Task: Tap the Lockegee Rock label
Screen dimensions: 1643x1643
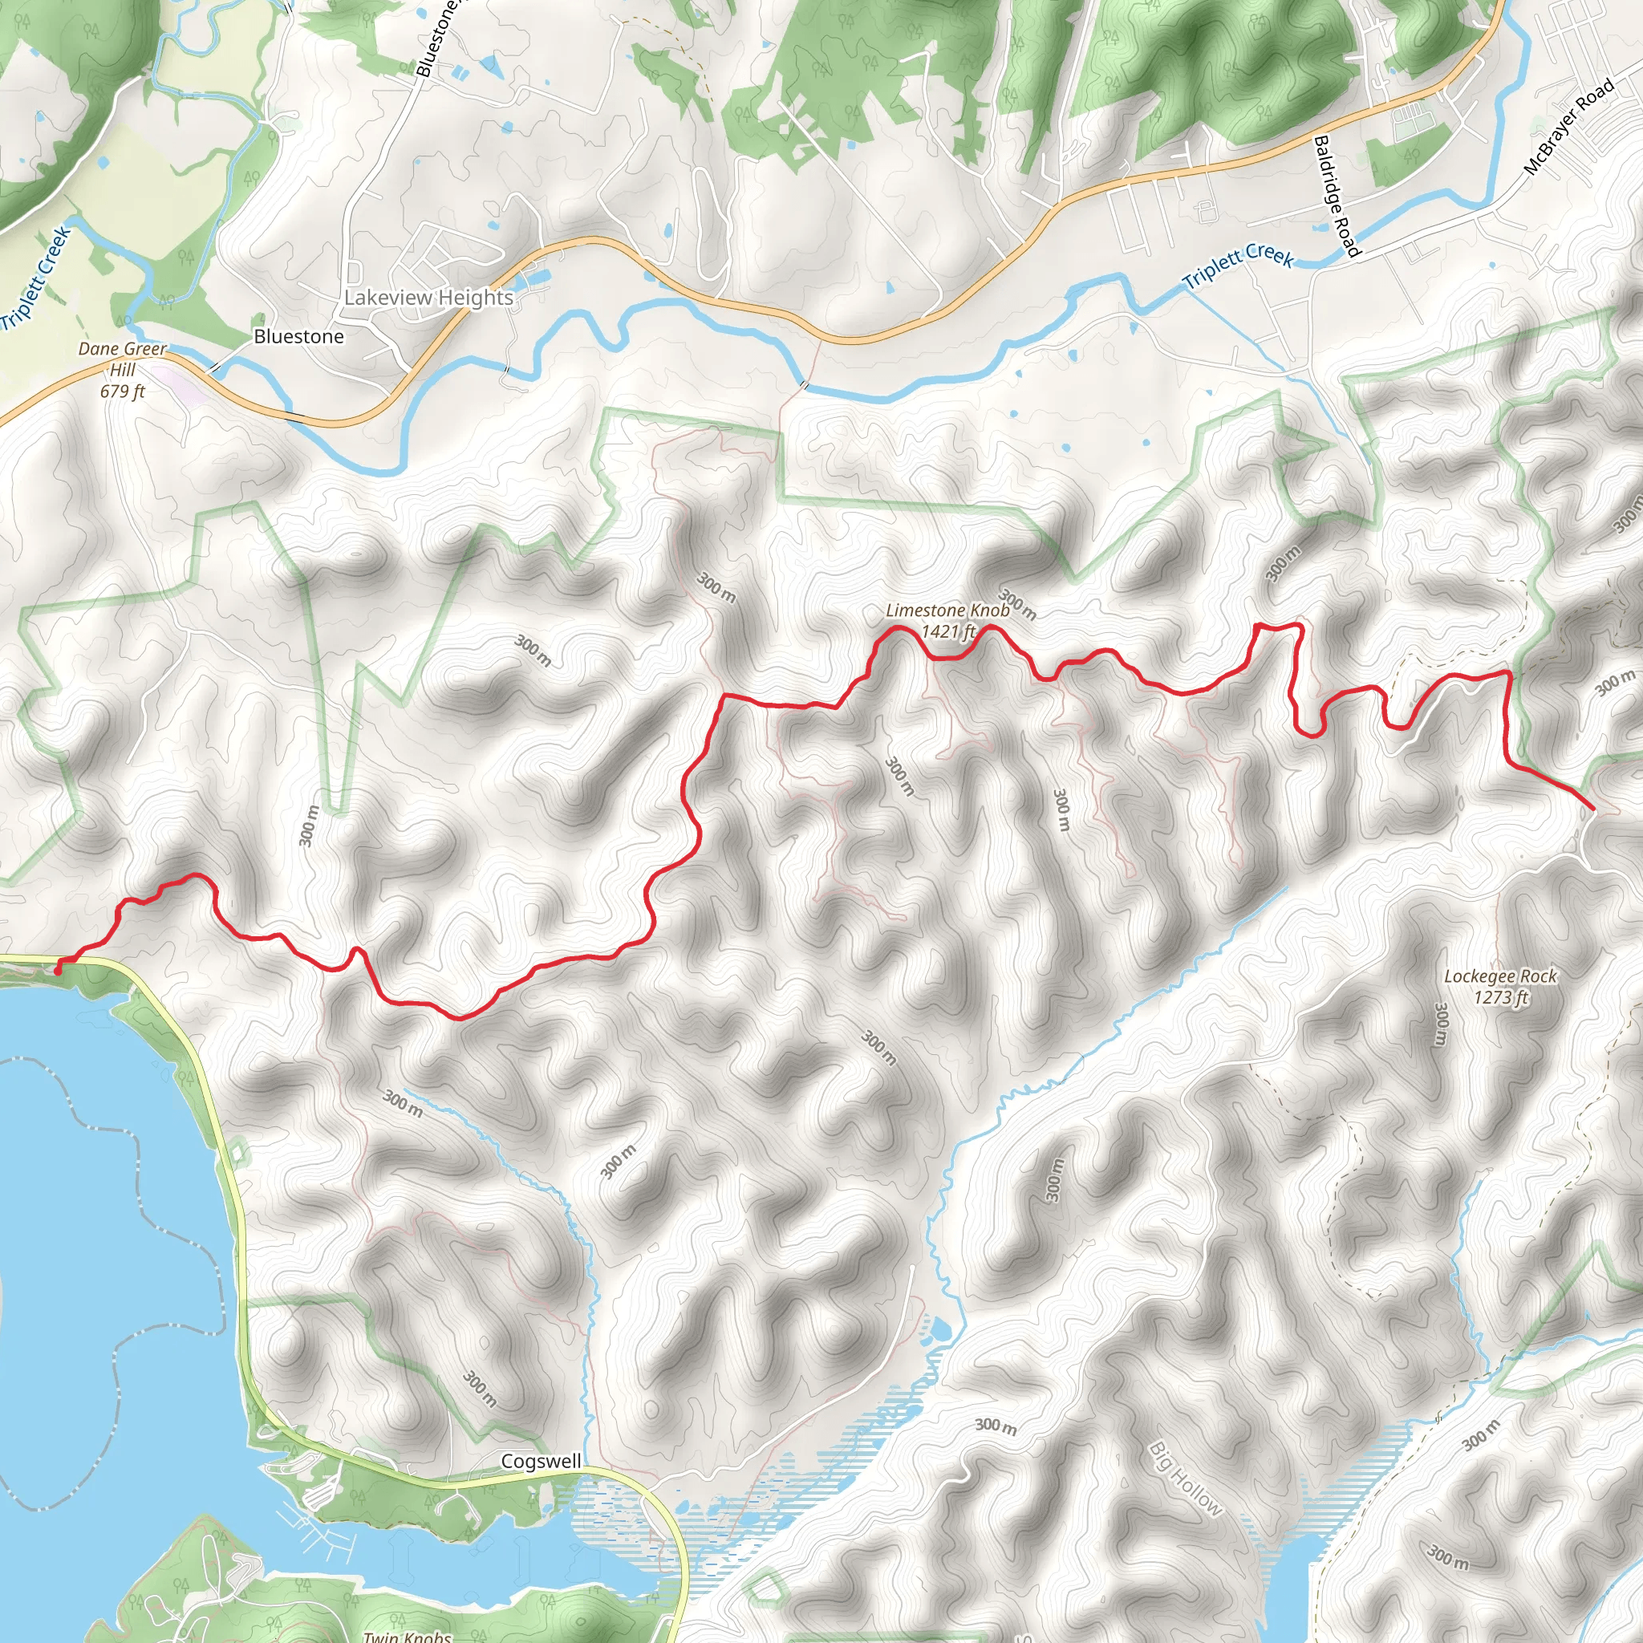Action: point(1500,976)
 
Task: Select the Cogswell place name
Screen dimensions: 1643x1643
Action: point(541,1461)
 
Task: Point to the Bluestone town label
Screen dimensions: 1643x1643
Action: point(298,337)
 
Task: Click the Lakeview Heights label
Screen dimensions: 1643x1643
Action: point(428,298)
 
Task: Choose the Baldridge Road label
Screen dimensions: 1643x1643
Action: point(1337,196)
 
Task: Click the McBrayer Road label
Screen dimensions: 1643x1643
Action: point(1568,127)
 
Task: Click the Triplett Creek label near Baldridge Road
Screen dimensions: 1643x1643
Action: point(1238,266)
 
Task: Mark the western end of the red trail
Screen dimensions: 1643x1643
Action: point(58,968)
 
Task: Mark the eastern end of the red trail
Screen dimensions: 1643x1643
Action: point(1592,809)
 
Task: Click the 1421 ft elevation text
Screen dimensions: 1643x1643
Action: point(948,631)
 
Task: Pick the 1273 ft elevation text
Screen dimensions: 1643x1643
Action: point(1501,996)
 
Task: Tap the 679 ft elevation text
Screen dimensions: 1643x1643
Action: point(123,391)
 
